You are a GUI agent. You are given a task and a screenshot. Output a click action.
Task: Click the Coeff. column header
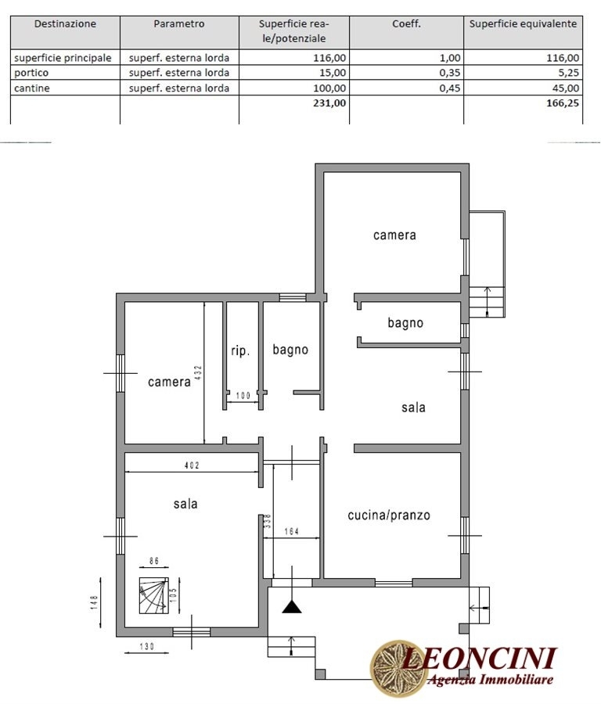tap(406, 24)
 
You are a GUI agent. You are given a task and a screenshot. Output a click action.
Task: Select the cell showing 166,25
tap(563, 103)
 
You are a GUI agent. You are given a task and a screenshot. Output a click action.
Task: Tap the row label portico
tap(31, 73)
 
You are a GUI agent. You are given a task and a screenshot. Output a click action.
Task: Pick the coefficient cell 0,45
tap(450, 88)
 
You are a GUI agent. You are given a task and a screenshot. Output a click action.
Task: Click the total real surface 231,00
tap(329, 103)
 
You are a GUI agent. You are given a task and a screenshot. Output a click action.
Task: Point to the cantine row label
tap(32, 88)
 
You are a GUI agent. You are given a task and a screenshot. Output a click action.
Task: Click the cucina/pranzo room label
tap(389, 515)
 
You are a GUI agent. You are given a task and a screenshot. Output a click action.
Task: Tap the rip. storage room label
tap(240, 350)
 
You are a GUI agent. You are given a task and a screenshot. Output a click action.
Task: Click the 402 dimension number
tap(192, 465)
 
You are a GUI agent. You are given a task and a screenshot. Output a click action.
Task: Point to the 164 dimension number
tap(292, 532)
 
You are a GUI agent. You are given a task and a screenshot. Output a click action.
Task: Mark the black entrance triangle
tap(292, 607)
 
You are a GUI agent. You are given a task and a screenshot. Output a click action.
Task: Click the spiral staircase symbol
tap(153, 595)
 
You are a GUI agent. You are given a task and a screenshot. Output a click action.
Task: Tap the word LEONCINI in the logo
tap(479, 659)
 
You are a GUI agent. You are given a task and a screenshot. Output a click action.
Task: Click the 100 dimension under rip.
tap(243, 396)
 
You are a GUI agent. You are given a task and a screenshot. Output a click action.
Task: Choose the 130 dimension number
tap(147, 647)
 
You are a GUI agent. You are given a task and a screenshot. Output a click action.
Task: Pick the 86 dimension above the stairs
tap(154, 561)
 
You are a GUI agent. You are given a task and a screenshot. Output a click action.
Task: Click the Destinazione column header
tap(65, 24)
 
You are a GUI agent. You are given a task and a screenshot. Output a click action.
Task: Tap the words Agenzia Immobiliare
tap(490, 679)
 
